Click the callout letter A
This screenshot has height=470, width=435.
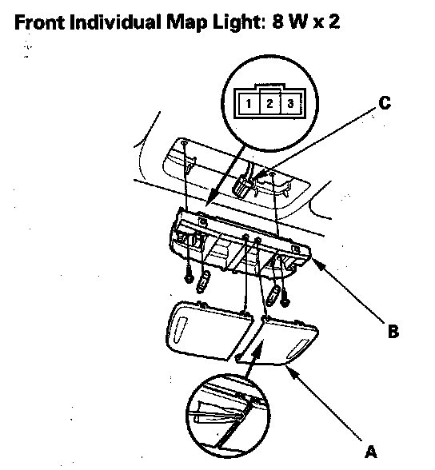tap(370, 452)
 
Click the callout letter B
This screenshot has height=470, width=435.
tap(393, 331)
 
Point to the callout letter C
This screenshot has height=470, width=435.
tap(385, 103)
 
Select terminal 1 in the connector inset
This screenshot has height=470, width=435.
tap(248, 103)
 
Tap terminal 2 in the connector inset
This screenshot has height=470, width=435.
tap(269, 103)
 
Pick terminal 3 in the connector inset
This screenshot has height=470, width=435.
tap(290, 103)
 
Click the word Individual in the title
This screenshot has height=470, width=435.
tap(115, 22)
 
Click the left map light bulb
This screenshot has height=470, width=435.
tap(203, 282)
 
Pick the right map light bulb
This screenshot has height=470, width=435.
tap(273, 296)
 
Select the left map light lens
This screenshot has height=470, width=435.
tap(209, 330)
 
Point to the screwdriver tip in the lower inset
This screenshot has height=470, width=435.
tap(237, 417)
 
